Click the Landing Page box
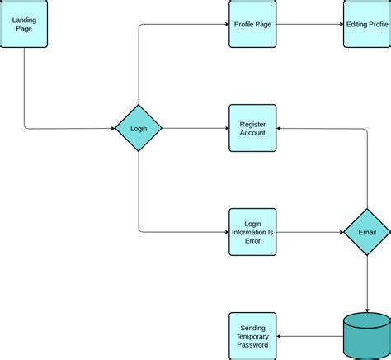click(x=23, y=24)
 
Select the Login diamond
click(x=138, y=128)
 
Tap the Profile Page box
click(x=252, y=24)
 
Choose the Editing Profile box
click(x=367, y=24)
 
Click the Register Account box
click(x=252, y=128)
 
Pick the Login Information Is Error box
click(x=252, y=232)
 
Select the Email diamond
click(x=367, y=232)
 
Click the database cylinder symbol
click(x=367, y=336)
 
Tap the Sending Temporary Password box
click(x=252, y=336)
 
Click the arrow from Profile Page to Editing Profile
click(x=309, y=24)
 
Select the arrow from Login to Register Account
click(x=195, y=128)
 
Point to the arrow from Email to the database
click(x=367, y=285)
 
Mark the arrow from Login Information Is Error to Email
click(x=309, y=232)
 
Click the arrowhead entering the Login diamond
click(x=111, y=128)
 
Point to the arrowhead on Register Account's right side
click(x=280, y=128)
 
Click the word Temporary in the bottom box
click(x=252, y=336)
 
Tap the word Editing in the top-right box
click(x=356, y=24)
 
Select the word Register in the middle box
click(x=252, y=124)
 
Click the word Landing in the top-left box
click(x=23, y=19)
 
